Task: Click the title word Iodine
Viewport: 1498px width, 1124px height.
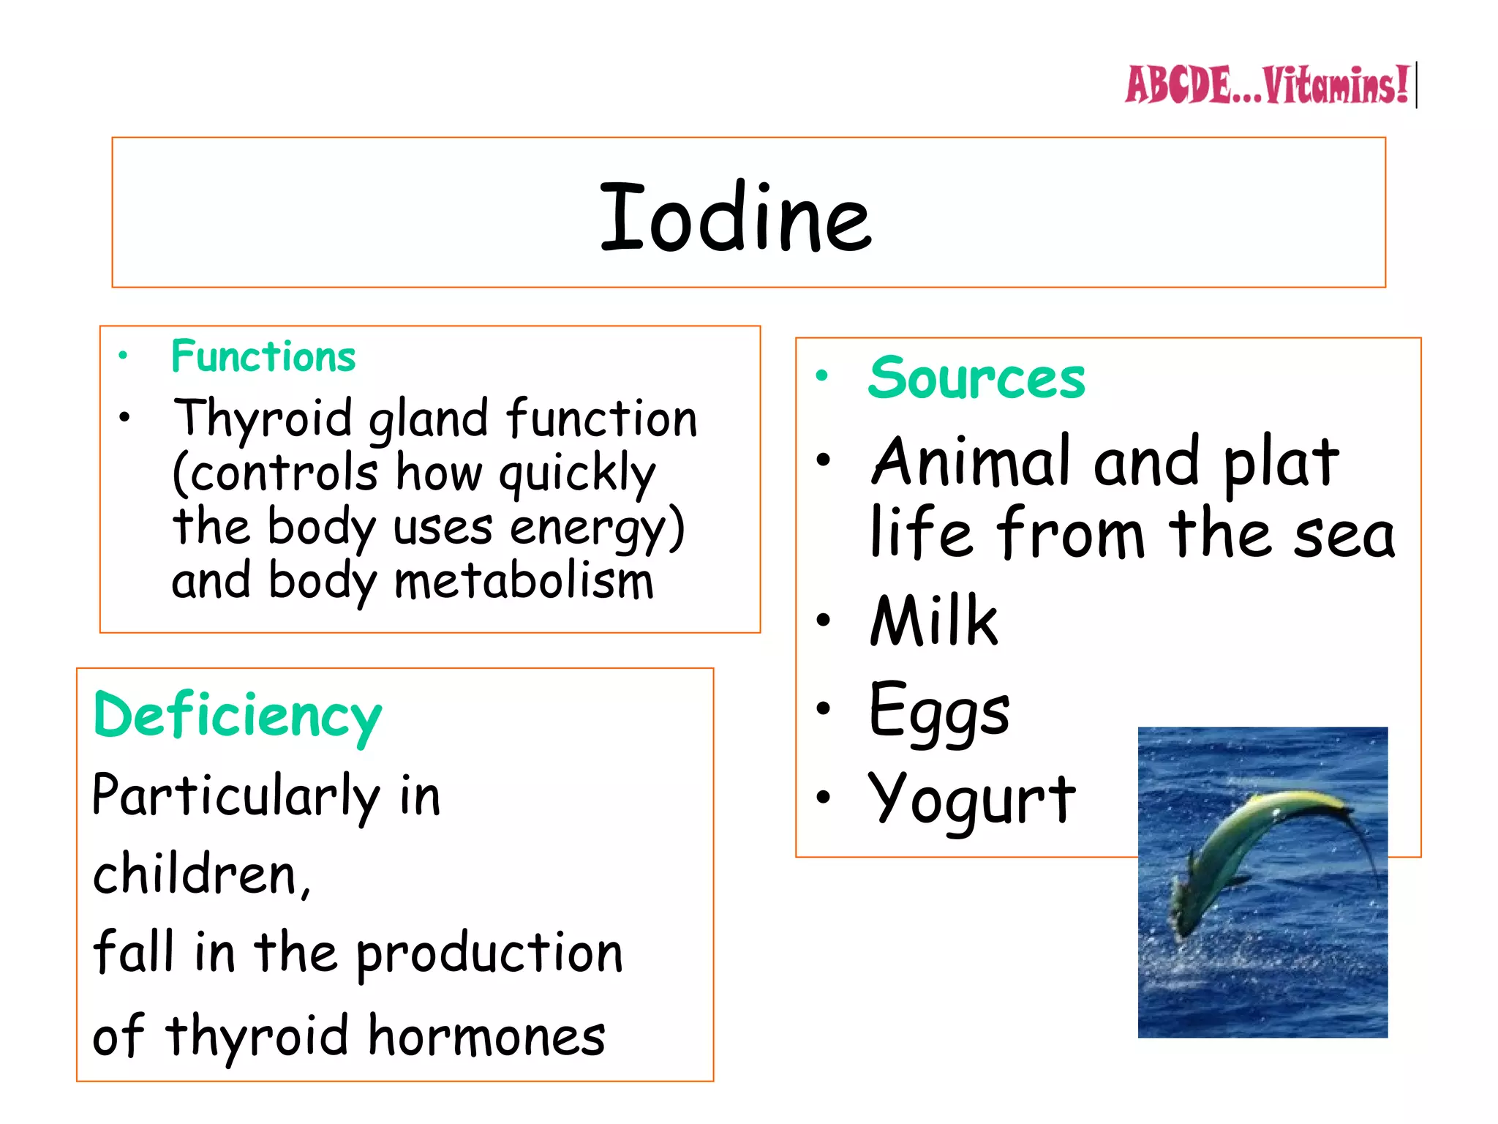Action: point(735,217)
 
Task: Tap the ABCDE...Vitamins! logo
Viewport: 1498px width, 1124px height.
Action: point(1266,86)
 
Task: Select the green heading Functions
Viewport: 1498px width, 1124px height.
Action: point(263,356)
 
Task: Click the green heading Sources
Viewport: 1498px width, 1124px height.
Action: point(976,378)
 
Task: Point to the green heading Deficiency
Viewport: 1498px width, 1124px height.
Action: point(237,716)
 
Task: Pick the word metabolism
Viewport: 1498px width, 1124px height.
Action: point(524,581)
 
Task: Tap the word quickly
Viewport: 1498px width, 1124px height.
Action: point(577,474)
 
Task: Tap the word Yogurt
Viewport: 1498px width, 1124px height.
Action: point(972,799)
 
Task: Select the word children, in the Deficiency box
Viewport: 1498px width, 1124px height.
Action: point(202,874)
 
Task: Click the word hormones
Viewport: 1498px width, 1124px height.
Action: point(486,1035)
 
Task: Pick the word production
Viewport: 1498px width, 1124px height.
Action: point(489,953)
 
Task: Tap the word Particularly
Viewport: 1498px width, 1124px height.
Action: point(236,796)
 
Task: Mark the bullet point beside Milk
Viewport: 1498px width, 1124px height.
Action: point(824,621)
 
